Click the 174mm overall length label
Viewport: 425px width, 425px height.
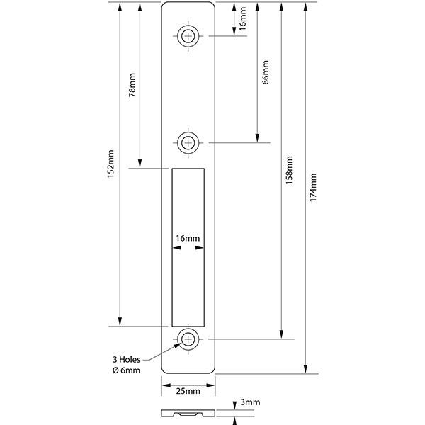point(313,187)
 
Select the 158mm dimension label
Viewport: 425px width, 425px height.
point(289,170)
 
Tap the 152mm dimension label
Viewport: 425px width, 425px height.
point(110,164)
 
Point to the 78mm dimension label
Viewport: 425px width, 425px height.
point(132,85)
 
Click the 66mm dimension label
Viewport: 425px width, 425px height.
point(266,72)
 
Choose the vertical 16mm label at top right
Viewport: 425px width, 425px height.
point(242,18)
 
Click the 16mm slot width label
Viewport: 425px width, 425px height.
point(188,238)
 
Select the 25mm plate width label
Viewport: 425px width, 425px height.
point(188,391)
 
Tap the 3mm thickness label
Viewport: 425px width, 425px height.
point(250,402)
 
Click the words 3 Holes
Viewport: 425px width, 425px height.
point(127,360)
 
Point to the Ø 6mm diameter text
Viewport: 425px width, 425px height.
point(126,370)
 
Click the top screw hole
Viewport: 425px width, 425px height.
point(188,36)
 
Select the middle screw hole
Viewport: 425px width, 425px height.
point(188,143)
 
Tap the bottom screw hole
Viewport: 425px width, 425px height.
point(188,339)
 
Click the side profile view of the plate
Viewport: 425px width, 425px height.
point(188,413)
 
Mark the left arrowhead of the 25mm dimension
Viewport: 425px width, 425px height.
point(166,385)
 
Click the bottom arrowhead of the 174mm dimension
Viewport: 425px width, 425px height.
point(305,369)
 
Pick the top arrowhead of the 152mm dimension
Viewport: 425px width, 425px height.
point(120,7)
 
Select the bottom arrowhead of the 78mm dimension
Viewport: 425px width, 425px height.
point(140,164)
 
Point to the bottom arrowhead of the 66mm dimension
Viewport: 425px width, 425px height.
point(258,138)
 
